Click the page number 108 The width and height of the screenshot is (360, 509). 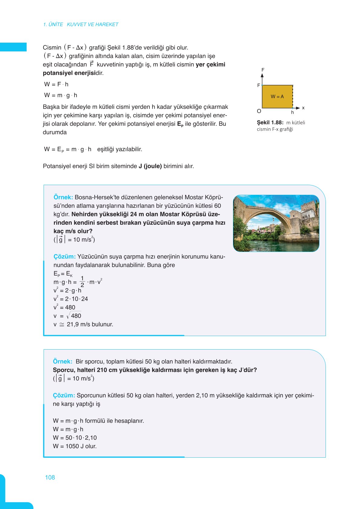tap(50, 478)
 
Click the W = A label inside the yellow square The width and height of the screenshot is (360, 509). tap(277, 97)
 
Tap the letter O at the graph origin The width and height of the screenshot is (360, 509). tap(259, 111)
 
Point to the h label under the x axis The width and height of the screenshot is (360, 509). tap(293, 113)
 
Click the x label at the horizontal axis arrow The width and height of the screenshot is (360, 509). tap(303, 108)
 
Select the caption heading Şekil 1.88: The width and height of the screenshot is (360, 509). tap(270, 122)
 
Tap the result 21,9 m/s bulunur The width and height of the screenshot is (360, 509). tap(90, 325)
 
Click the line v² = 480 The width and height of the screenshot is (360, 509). tap(64, 307)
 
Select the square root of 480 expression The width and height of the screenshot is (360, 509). tap(74, 316)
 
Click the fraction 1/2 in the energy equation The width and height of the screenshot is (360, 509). tap(82, 282)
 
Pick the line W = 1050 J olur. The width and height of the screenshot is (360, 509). tap(75, 446)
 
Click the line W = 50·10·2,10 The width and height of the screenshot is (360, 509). tap(75, 438)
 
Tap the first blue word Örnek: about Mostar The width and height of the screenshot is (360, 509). tap(63, 197)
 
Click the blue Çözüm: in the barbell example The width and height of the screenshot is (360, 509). tap(64, 395)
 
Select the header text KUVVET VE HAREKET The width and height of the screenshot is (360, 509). tap(92, 24)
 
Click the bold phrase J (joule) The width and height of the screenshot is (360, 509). tap(150, 166)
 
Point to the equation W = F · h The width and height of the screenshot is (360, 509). tap(57, 84)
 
